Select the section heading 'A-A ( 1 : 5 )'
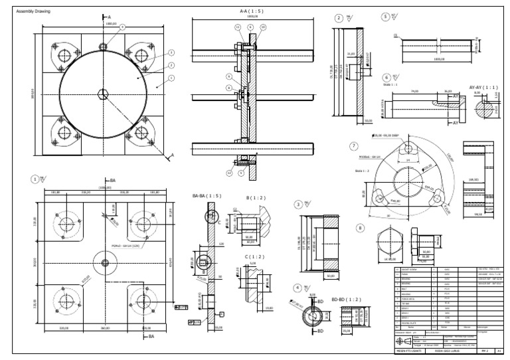pos(251,11)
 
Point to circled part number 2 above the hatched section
pos(339,19)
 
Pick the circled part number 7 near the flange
pos(356,147)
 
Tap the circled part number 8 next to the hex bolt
pos(361,227)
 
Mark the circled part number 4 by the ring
pos(298,288)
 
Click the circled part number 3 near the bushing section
pos(299,204)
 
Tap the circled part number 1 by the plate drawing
pos(34,178)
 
